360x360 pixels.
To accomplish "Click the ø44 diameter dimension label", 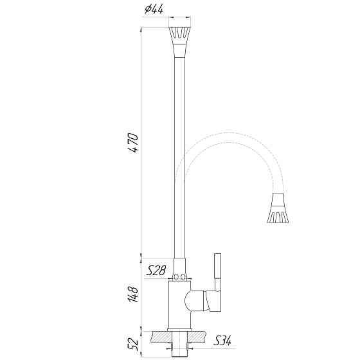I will click(154, 10).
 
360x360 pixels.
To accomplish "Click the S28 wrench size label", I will click(156, 271).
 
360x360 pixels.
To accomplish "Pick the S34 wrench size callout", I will click(222, 339).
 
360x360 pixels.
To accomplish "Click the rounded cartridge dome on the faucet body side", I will click(193, 301).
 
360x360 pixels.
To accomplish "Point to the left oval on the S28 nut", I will click(175, 277).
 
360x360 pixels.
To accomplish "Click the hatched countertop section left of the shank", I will click(157, 335).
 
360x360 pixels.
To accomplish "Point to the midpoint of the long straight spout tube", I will click(179, 154).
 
